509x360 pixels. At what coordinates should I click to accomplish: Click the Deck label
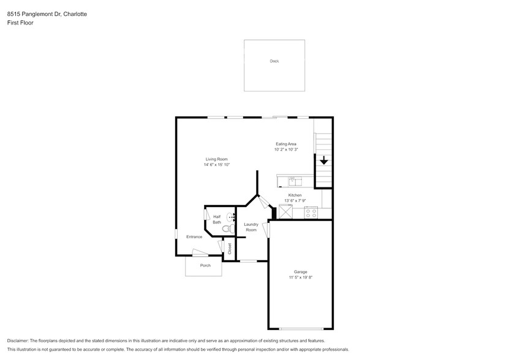click(x=274, y=61)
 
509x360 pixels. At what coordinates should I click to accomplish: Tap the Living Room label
click(x=217, y=159)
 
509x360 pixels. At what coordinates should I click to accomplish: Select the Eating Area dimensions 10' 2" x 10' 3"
click(x=286, y=149)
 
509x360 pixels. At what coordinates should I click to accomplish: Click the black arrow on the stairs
click(x=323, y=161)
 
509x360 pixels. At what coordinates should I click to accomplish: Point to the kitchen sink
click(x=295, y=181)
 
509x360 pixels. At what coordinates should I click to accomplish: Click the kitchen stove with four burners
click(x=311, y=212)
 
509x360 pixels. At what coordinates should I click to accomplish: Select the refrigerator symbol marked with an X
click(x=285, y=212)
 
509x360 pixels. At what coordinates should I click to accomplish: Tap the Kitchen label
click(x=295, y=195)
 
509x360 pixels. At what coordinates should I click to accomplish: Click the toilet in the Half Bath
click(x=227, y=229)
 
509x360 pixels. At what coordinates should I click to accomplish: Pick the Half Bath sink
click(x=231, y=217)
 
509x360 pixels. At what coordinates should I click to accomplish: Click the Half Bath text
click(x=217, y=219)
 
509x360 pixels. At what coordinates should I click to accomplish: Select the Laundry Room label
click(x=251, y=227)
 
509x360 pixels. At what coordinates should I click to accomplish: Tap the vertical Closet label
click(x=230, y=249)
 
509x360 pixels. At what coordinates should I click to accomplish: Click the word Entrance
click(x=194, y=237)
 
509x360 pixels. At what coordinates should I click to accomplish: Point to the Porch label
click(x=205, y=266)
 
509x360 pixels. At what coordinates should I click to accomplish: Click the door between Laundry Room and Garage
click(x=266, y=230)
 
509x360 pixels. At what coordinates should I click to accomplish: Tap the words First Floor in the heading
click(x=20, y=23)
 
